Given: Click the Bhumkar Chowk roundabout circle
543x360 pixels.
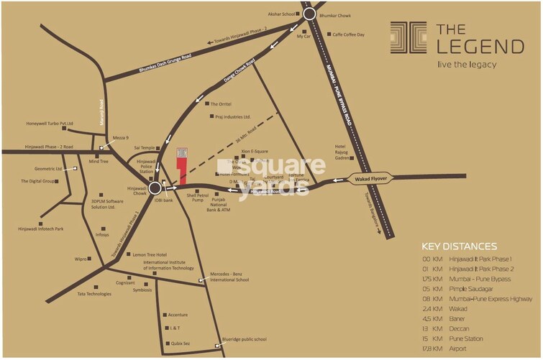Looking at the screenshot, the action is [309, 14].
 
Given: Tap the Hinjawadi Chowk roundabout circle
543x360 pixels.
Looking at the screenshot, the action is [155, 188].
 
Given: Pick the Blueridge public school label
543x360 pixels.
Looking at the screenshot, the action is [244, 339].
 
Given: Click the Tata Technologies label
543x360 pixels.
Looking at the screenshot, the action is [94, 294].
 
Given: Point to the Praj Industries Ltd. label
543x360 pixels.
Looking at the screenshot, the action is [232, 116].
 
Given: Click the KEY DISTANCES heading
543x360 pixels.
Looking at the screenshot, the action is [459, 246].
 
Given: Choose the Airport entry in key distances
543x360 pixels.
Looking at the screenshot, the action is [470, 348].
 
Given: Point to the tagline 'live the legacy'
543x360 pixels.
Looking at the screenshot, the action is [467, 65].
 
